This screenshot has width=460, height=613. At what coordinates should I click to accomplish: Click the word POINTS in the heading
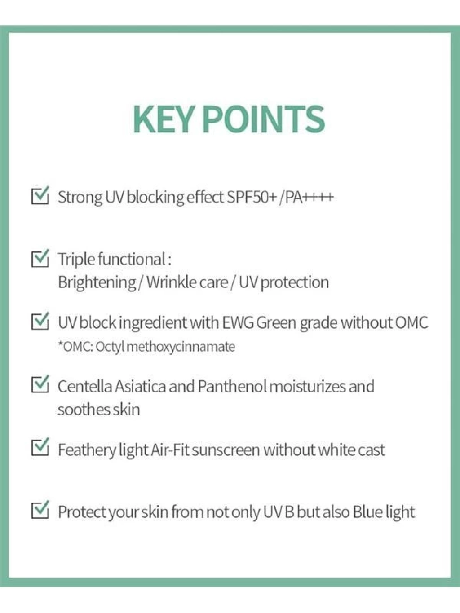click(263, 119)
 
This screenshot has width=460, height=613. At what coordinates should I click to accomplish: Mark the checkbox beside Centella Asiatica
click(40, 384)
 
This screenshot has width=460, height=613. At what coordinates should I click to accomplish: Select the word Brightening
click(97, 282)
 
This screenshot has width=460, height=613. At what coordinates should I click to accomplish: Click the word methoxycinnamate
click(181, 347)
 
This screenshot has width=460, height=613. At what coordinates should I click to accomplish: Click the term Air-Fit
click(170, 450)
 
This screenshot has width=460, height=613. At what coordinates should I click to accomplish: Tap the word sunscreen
click(226, 450)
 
